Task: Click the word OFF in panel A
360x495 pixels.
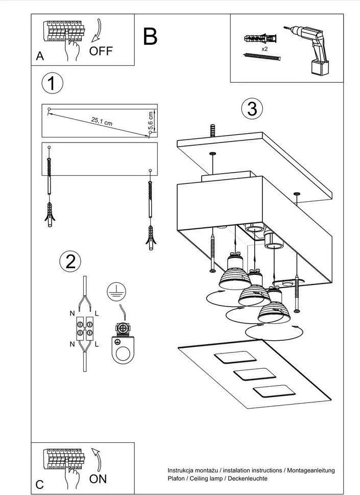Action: pos(101,51)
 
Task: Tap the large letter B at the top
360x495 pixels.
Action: pos(150,37)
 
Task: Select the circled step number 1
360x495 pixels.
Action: pos(52,83)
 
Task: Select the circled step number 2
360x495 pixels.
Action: pos(70,261)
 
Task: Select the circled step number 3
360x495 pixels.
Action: pos(251,108)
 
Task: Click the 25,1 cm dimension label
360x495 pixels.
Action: pos(102,121)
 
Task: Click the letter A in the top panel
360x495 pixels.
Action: pos(40,57)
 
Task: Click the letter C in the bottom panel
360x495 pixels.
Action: pos(40,484)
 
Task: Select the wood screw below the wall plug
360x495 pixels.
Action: pos(263,58)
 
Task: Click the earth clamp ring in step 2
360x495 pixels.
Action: pos(123,353)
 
